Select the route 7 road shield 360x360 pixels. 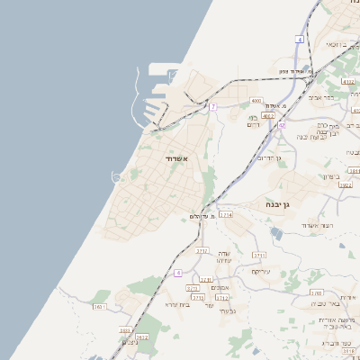[x=212, y=107]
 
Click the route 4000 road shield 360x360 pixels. [x=256, y=101]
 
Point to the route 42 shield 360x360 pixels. [x=281, y=125]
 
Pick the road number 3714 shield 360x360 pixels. [x=226, y=216]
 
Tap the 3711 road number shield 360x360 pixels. [x=259, y=256]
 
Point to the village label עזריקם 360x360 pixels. [x=261, y=272]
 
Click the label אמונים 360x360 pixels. [x=220, y=287]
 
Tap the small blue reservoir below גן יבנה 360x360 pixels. [x=275, y=234]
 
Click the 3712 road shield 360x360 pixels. [x=222, y=297]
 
